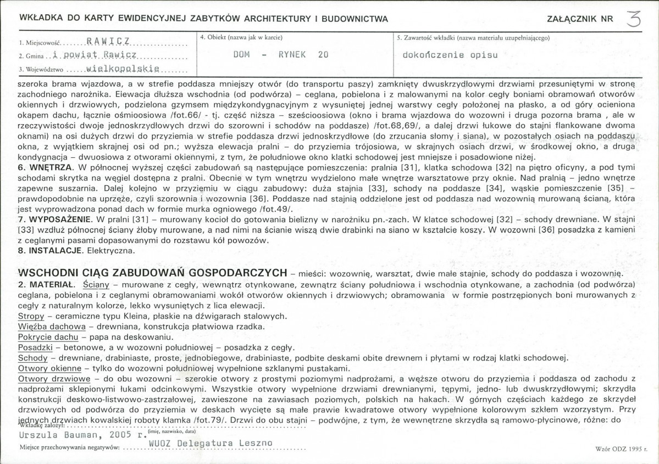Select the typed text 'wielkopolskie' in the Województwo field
pyautogui.click(x=123, y=70)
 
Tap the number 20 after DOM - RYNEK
pyautogui.click(x=323, y=55)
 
